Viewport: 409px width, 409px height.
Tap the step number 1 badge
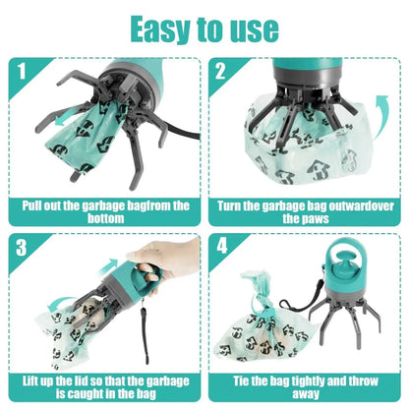(x=17, y=72)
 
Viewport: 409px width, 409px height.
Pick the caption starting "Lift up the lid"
(x=104, y=384)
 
